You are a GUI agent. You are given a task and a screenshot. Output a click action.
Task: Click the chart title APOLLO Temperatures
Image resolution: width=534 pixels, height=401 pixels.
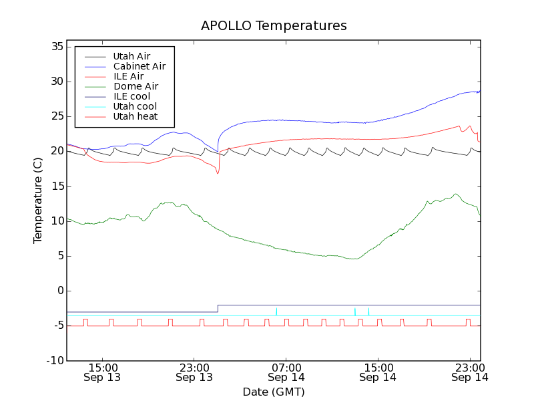274,26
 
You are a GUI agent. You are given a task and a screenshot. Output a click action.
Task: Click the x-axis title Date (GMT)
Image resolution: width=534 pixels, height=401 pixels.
274,391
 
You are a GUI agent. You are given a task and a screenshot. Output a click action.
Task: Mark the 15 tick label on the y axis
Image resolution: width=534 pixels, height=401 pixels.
55,186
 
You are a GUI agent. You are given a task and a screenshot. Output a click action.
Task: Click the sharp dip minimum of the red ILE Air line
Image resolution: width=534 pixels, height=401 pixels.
218,174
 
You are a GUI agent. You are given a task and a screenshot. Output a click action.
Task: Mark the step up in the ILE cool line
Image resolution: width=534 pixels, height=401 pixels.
218,308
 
